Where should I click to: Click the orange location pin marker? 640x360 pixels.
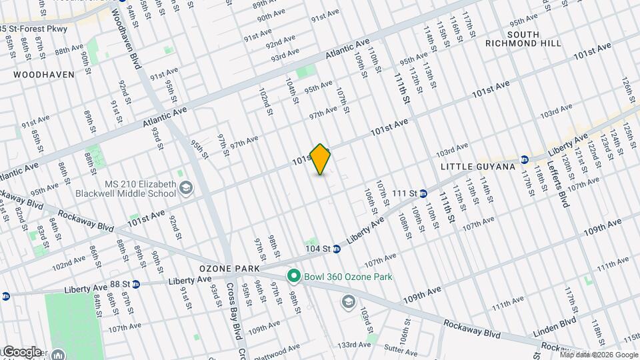coord(321,159)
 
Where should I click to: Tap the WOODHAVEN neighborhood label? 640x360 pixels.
coord(44,75)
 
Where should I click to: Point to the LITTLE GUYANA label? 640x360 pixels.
coord(478,166)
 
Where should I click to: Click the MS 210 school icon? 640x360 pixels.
coord(186,189)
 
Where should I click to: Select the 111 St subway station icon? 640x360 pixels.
coord(423,193)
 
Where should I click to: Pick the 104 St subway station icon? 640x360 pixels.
coord(337,249)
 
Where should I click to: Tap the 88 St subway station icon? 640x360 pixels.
coord(135,284)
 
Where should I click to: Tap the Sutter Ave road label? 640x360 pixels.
coord(399,348)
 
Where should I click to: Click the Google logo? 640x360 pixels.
coord(21,351)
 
